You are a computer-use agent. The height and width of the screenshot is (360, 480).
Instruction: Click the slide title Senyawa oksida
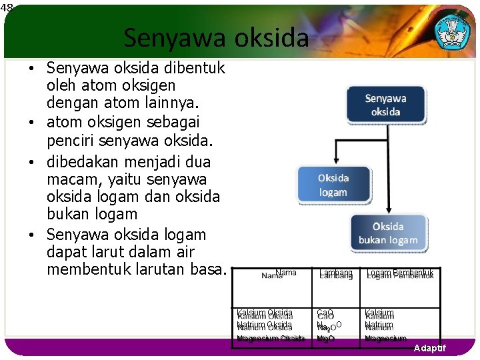tap(216, 38)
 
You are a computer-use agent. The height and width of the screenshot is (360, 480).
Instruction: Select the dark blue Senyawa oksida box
tap(385, 105)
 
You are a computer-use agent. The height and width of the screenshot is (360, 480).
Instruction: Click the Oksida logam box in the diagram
tap(333, 185)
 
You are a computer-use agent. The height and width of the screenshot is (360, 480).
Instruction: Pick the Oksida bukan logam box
tap(388, 233)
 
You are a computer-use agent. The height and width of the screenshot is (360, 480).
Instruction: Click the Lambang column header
tap(335, 273)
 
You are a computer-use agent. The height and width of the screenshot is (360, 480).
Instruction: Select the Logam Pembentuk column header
tap(399, 273)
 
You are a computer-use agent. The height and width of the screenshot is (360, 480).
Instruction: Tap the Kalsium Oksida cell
tap(265, 313)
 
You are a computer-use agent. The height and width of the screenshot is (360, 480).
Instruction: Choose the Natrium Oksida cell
tap(265, 325)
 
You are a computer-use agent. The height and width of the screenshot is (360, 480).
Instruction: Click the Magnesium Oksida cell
tap(271, 339)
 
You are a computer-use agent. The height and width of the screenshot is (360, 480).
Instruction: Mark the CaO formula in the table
tap(325, 313)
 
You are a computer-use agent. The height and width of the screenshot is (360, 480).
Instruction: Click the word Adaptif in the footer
tap(429, 349)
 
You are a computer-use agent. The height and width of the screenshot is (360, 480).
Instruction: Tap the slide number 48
tap(7, 7)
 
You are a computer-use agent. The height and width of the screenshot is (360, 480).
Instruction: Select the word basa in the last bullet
tap(211, 269)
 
